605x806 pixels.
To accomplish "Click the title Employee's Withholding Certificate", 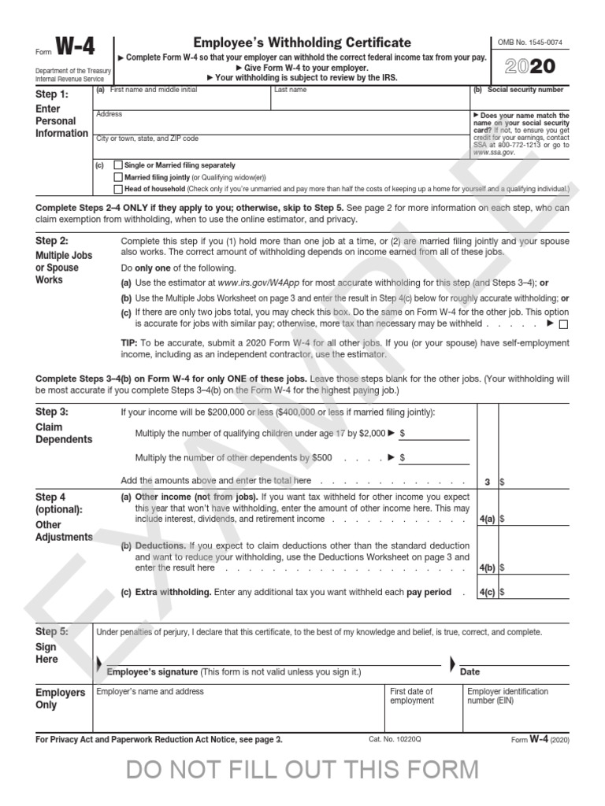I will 302,43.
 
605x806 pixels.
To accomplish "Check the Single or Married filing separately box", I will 118,165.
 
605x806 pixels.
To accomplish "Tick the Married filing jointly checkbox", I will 118,177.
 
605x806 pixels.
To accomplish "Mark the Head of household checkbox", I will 118,189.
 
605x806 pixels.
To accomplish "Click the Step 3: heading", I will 52,412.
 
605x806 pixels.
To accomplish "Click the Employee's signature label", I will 151,671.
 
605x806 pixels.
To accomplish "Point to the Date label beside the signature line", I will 470,671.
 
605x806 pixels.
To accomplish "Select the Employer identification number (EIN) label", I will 507,696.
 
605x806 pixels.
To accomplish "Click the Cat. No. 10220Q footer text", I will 395,740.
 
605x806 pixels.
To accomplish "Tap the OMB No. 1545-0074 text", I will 531,42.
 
